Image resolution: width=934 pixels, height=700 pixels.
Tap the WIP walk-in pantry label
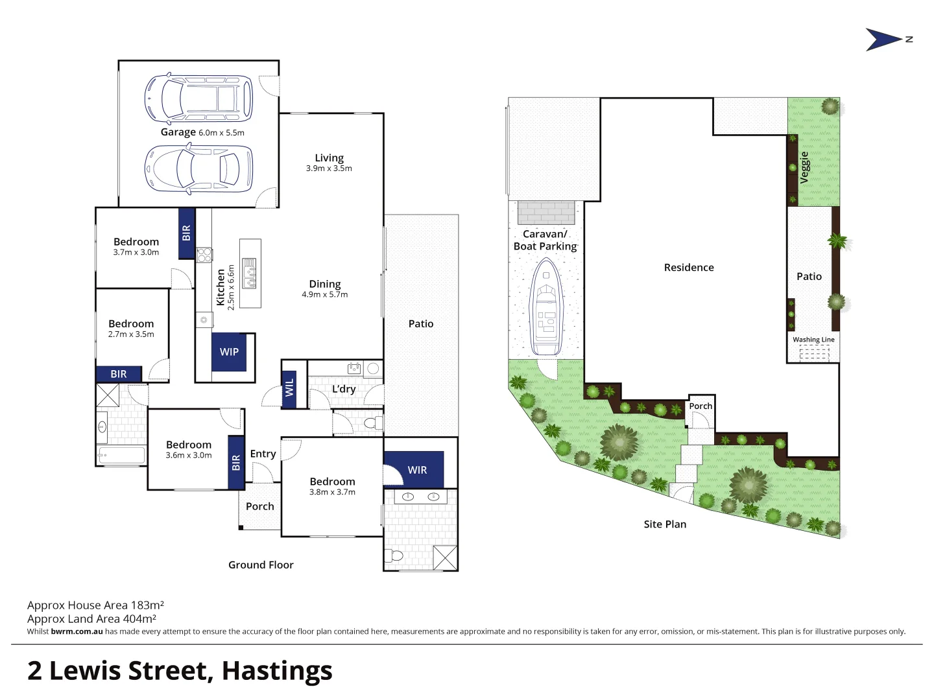click(229, 352)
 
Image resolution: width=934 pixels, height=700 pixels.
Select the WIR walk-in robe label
click(417, 470)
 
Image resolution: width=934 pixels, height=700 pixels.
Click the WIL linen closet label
click(289, 388)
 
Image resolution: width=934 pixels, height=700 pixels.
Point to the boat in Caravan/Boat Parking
click(546, 307)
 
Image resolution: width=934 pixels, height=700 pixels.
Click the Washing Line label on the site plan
click(813, 340)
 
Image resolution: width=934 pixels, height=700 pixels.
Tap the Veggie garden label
click(804, 168)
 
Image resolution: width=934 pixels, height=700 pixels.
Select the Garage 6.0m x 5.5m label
click(202, 132)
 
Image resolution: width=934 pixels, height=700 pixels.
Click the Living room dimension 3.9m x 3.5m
click(329, 169)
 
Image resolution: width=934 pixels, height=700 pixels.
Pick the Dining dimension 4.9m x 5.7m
click(324, 294)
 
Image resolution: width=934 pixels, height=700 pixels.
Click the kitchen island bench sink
click(249, 273)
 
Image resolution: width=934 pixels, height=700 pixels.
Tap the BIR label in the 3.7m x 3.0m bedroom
click(186, 233)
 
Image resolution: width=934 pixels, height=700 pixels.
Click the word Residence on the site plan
click(689, 268)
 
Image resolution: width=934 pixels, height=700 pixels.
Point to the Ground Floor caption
click(261, 565)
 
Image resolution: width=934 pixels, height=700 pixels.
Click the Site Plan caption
click(665, 524)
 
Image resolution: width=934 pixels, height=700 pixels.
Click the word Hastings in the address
click(277, 671)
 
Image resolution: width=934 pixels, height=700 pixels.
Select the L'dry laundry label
click(344, 389)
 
